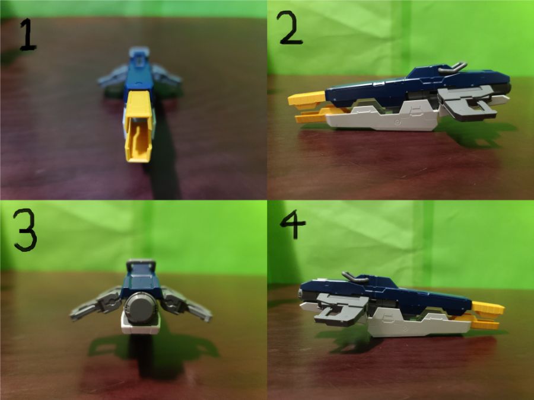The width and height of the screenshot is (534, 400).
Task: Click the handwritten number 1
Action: point(28,35)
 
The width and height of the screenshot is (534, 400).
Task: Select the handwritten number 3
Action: point(25,230)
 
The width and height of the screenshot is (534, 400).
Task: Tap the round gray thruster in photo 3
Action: point(140,308)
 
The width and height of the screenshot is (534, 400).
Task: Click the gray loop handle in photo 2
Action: point(452,68)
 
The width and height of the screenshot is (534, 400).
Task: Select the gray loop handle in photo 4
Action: point(355,277)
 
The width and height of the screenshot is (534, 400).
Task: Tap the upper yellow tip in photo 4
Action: point(489,308)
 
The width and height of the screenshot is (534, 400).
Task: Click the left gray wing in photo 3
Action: point(96,304)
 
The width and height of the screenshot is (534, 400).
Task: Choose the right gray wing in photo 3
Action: point(186,305)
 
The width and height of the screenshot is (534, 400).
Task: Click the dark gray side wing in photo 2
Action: point(470,102)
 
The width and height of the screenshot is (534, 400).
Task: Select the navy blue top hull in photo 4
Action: point(385,290)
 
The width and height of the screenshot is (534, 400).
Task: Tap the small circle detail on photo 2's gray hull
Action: point(397,121)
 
